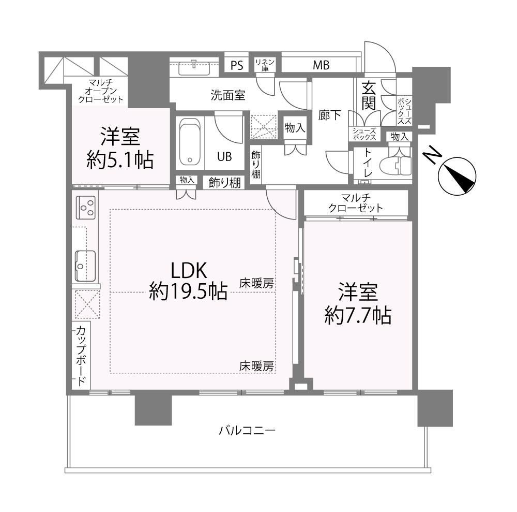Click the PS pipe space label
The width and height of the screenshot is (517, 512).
click(x=237, y=65)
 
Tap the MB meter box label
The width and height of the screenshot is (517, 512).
click(x=321, y=65)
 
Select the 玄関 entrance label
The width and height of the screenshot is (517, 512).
click(x=369, y=96)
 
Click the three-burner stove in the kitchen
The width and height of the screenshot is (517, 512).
click(x=86, y=208)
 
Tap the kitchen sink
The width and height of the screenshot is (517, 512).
click(x=85, y=266)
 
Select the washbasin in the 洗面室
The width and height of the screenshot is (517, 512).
click(x=194, y=67)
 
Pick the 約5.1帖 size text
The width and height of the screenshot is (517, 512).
click(x=120, y=160)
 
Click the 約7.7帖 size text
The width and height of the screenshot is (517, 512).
click(x=358, y=315)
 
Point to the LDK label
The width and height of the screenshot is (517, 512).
click(x=189, y=270)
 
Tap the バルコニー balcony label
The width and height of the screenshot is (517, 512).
click(x=247, y=431)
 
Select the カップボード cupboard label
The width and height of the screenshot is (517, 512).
click(x=81, y=356)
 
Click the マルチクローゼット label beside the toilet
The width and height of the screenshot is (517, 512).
click(x=356, y=203)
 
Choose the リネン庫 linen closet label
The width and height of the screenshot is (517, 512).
click(x=265, y=65)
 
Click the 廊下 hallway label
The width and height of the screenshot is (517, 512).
click(x=330, y=115)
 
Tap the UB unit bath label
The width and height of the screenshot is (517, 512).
click(x=224, y=156)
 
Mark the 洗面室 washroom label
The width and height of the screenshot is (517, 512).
click(x=228, y=95)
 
